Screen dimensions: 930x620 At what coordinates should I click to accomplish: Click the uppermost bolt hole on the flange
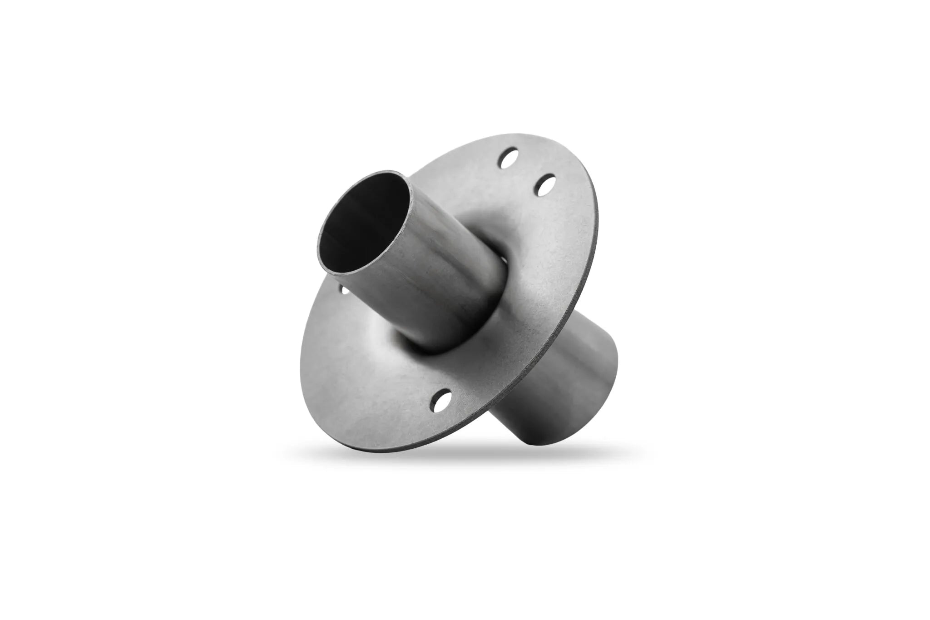click(x=509, y=159)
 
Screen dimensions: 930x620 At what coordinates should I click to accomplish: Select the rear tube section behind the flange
click(x=559, y=363)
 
